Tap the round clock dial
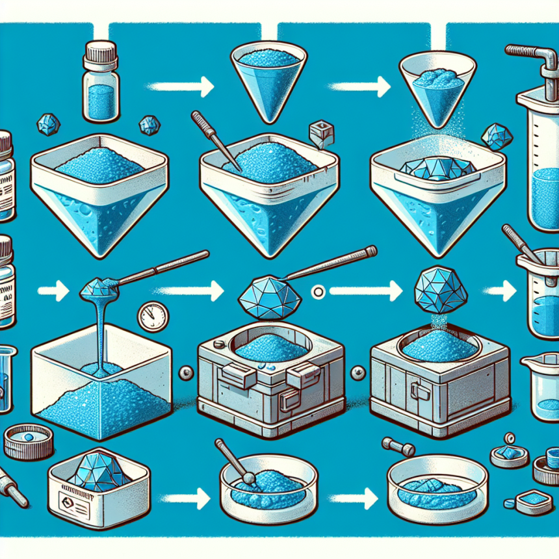pyautogui.click(x=153, y=317)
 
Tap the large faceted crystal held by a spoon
pyautogui.click(x=268, y=296)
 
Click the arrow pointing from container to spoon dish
pyautogui.click(x=180, y=499)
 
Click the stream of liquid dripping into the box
pyautogui.click(x=100, y=331)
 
